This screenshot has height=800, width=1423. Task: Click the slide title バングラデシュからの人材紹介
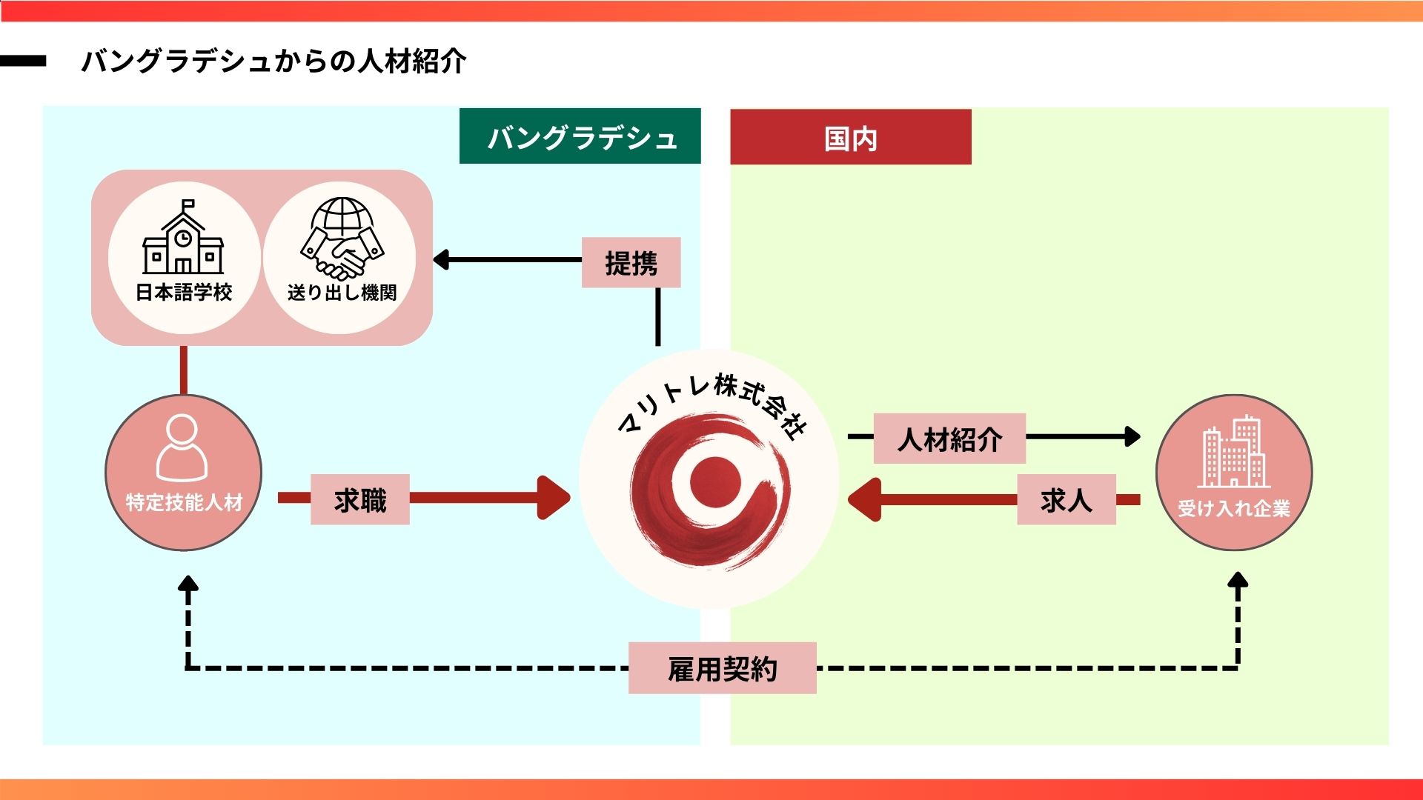click(x=273, y=61)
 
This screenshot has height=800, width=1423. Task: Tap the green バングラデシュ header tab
click(x=580, y=137)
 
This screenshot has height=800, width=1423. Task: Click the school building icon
click(x=183, y=238)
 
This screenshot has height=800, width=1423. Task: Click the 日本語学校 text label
click(x=184, y=293)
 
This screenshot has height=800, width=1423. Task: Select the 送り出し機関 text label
click(x=342, y=293)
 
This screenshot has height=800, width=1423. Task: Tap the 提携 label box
click(x=631, y=263)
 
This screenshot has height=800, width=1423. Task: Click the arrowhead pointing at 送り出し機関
click(x=441, y=260)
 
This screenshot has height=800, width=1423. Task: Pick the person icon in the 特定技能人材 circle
click(x=182, y=448)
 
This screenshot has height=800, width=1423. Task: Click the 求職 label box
click(x=360, y=500)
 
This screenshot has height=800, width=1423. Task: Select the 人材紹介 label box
click(x=949, y=439)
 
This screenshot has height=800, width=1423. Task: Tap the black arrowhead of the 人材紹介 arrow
click(x=1132, y=436)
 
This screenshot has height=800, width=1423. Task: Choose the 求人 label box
click(x=1066, y=500)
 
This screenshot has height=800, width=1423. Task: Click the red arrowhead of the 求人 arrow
click(x=864, y=499)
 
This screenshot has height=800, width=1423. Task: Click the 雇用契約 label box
click(x=722, y=668)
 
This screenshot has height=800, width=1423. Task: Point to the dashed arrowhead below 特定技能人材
click(x=188, y=584)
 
